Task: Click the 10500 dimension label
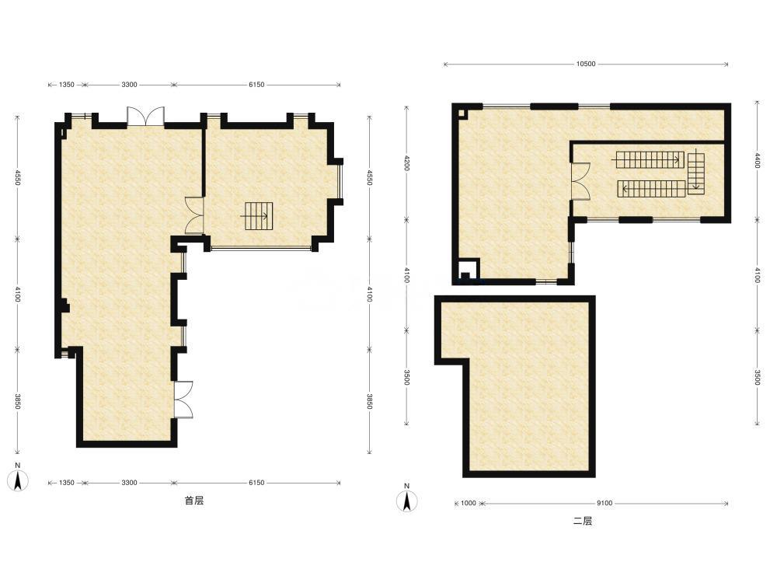[585, 64]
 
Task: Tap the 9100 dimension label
[604, 503]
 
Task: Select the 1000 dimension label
[469, 503]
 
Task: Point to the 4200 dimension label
[406, 163]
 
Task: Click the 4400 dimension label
[757, 160]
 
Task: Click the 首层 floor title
[194, 501]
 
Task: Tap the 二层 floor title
[583, 521]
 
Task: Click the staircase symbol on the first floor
[257, 215]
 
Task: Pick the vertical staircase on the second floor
[696, 172]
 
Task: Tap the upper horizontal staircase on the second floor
[649, 159]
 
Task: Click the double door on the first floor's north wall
[146, 116]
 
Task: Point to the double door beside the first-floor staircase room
[194, 215]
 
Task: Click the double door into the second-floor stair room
[580, 181]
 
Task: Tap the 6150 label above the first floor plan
[256, 85]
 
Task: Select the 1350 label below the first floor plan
[66, 483]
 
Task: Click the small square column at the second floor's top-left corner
[461, 113]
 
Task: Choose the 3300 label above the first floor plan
[129, 85]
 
